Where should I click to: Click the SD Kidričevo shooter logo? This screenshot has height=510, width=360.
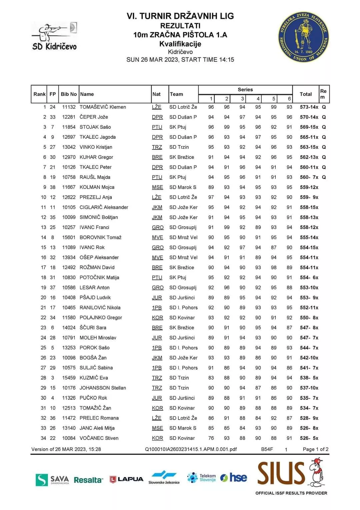point(55,36)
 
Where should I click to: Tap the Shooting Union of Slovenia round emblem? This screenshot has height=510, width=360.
point(303,37)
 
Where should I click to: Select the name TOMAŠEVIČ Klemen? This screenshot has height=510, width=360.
point(103,107)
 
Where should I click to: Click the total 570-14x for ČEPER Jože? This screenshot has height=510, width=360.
point(309,117)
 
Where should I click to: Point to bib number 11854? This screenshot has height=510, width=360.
point(69,127)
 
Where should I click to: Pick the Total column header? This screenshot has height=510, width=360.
point(306,94)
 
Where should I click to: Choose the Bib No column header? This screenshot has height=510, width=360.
point(69,94)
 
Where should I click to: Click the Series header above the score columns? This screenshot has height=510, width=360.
point(245,89)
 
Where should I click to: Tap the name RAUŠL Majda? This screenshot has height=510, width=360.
point(95,177)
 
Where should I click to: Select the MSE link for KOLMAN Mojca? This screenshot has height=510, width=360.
point(157,187)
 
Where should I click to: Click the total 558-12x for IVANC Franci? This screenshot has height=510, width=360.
point(309,227)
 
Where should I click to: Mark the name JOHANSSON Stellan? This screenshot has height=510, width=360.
point(103,388)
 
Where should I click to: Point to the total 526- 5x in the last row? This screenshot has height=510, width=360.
point(309,438)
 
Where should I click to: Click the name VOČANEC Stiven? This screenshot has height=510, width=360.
point(99,438)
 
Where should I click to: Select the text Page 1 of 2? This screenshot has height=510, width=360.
point(315,449)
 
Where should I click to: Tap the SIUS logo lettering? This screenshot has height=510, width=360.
point(281,473)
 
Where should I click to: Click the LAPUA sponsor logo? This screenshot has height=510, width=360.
point(127,479)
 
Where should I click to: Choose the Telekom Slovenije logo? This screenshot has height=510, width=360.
point(202,478)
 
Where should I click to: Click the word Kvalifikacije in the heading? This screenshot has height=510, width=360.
point(180,44)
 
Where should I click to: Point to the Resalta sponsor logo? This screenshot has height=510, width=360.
point(88,480)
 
